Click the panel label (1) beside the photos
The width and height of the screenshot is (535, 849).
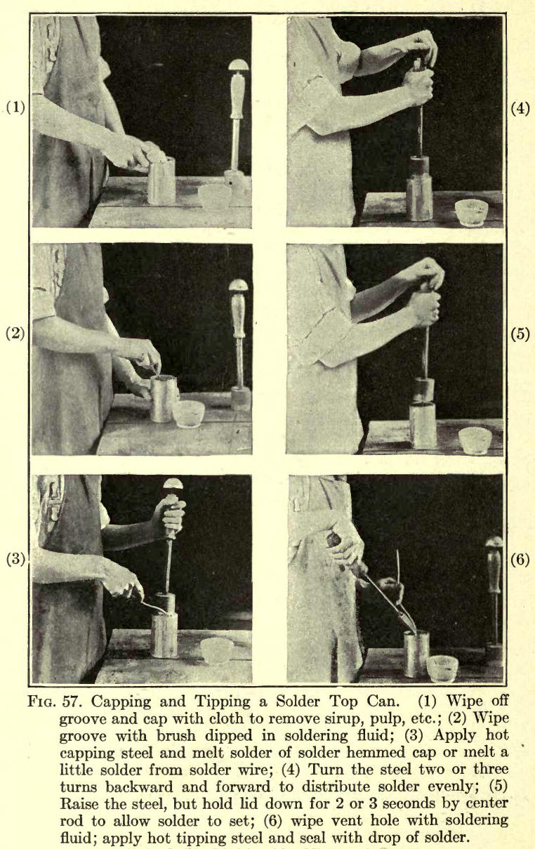(x=15, y=107)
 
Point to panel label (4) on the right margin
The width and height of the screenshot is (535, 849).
(x=520, y=109)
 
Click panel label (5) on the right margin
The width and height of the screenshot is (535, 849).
(x=520, y=334)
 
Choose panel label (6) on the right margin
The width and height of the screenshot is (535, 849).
(x=520, y=560)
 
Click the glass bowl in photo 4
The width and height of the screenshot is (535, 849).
(x=471, y=213)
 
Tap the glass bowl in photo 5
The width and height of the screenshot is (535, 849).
(x=475, y=441)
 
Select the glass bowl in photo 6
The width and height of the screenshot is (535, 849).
(x=442, y=669)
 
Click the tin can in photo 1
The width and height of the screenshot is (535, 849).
(x=161, y=181)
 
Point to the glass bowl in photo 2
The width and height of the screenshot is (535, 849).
(x=188, y=414)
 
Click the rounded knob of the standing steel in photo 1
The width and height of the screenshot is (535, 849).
(x=239, y=65)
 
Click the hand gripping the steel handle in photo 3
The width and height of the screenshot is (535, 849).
(x=169, y=518)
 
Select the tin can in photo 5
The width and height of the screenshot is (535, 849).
(x=423, y=426)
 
